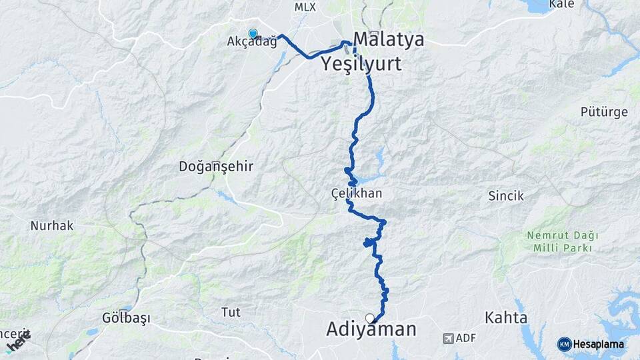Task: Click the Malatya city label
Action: [x=389, y=39]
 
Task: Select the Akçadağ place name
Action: [x=251, y=42]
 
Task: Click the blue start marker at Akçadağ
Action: [x=253, y=33]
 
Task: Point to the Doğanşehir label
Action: [x=216, y=167]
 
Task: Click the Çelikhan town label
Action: [x=357, y=193]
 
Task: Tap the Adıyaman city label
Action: [x=371, y=329]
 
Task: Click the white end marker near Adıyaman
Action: [x=370, y=319]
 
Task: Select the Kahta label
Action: [x=507, y=317]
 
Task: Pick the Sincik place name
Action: [x=506, y=196]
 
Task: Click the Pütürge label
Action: [x=603, y=112]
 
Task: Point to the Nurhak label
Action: [x=52, y=225]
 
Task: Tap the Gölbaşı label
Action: [x=126, y=317]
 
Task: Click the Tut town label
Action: [x=230, y=311]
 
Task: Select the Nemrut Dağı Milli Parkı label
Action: [x=562, y=241]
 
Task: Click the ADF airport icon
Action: [x=449, y=339]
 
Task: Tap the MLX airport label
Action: [x=305, y=7]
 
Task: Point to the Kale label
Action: [x=561, y=5]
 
